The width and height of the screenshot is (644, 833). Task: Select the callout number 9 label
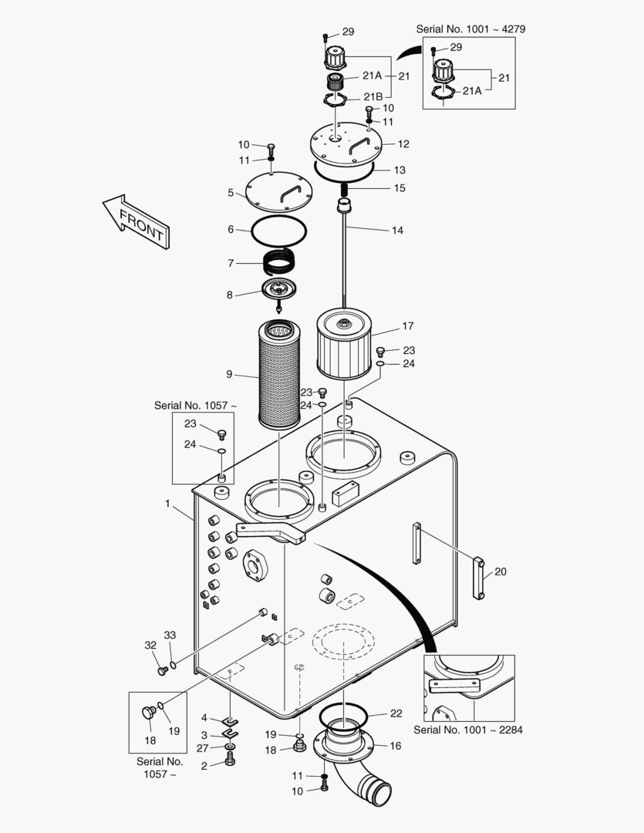click(x=229, y=374)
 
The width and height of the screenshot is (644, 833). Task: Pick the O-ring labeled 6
click(x=280, y=229)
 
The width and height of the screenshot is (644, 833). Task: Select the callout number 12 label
click(x=403, y=144)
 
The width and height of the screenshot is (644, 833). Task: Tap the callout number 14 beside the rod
click(x=397, y=230)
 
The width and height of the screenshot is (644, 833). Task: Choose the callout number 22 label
click(x=396, y=713)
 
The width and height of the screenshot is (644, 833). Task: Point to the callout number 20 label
click(x=501, y=572)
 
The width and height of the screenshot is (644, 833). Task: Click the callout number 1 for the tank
click(x=167, y=503)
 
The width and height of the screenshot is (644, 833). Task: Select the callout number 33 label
click(x=170, y=635)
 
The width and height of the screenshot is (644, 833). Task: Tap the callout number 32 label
click(x=150, y=645)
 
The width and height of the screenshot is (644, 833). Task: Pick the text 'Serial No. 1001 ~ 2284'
click(x=468, y=729)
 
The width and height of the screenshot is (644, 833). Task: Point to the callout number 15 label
click(x=399, y=188)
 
